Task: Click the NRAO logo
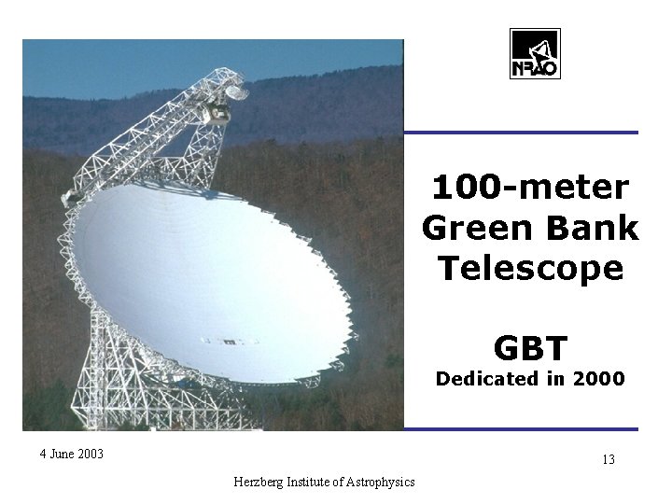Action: [535, 55]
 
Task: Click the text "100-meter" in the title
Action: [530, 188]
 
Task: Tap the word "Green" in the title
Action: [474, 228]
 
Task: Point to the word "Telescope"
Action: [530, 268]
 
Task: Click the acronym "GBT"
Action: [530, 347]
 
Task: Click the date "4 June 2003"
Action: [72, 455]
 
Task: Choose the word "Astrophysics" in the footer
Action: [377, 482]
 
